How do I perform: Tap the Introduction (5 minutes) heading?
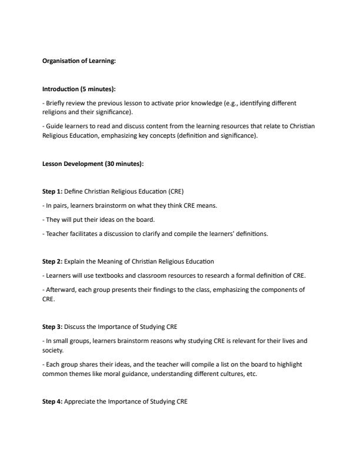click(79, 89)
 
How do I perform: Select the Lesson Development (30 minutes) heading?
click(93, 164)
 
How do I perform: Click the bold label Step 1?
click(52, 192)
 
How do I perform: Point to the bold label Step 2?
click(52, 261)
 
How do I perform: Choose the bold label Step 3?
click(52, 327)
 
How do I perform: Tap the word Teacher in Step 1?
click(56, 234)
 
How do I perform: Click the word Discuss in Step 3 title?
click(75, 327)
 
